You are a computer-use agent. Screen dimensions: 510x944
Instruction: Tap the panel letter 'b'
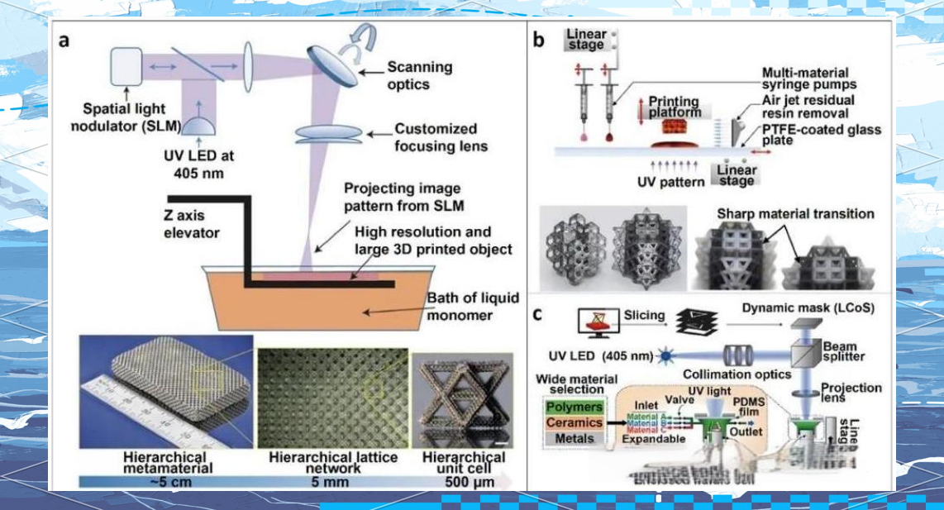pyautogui.click(x=538, y=39)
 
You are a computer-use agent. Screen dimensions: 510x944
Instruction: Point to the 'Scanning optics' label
pyautogui.click(x=419, y=75)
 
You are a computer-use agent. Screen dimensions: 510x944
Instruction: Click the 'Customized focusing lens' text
pyautogui.click(x=436, y=137)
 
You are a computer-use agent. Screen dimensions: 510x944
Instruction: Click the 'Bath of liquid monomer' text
pyautogui.click(x=464, y=306)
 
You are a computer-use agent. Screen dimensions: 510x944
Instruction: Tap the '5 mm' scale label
pyautogui.click(x=332, y=480)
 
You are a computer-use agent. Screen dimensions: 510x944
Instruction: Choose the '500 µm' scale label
pyautogui.click(x=463, y=480)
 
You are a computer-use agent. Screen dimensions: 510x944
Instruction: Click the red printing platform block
pyautogui.click(x=676, y=126)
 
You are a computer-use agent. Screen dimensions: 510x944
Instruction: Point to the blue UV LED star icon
pyautogui.click(x=663, y=356)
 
